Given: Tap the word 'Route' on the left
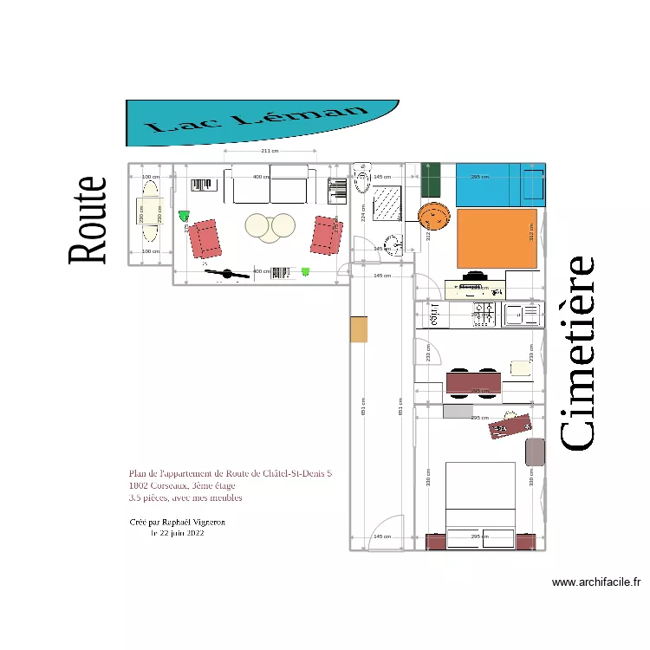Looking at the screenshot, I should pos(88,220).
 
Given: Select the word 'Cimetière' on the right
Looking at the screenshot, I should pos(575,353).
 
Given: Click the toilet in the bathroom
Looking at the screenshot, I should pos(362,177).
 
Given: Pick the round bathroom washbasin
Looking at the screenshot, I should pos(393,245).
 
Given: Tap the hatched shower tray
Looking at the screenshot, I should pos(387,206).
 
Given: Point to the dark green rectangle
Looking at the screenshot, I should pos(432,180).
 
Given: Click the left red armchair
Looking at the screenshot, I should pos(205,238).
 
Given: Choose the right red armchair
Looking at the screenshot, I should pos(327,235).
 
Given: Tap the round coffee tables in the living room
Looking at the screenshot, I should pos(270,226).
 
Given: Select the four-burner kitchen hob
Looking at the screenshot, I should pos(484,314).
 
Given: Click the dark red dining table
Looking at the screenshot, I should pos(473,381).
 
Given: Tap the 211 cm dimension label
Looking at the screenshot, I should pos(270,151).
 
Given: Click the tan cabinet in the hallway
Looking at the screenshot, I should pos(359,329).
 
